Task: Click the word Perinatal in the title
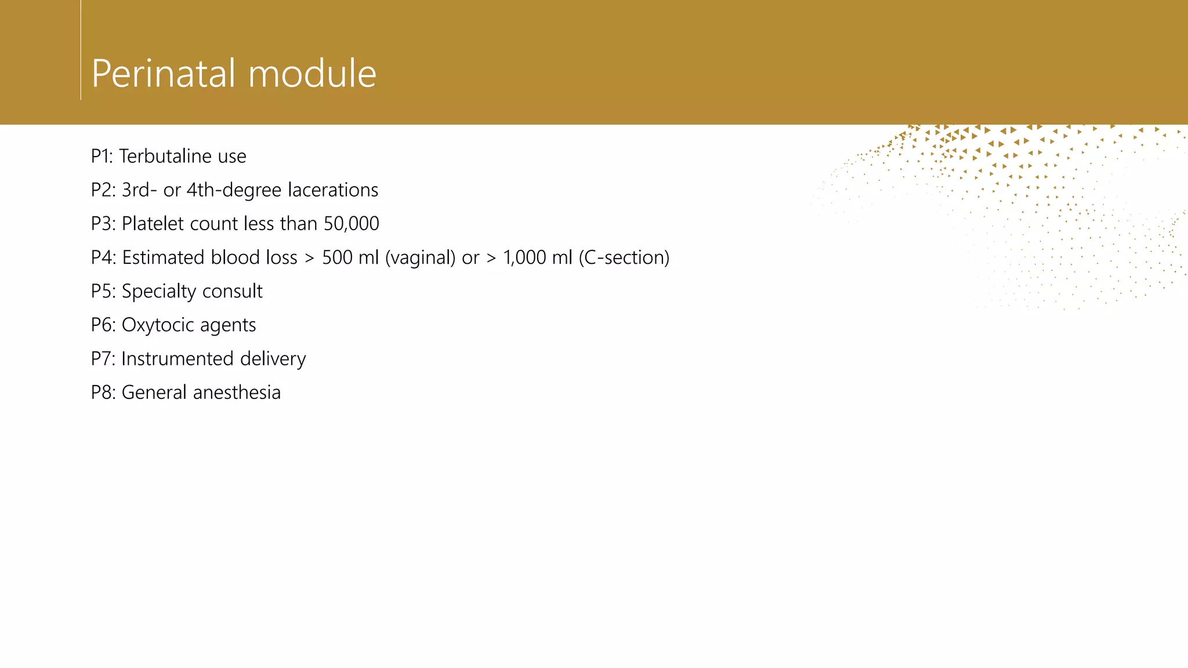tap(165, 74)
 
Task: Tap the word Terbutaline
tap(165, 156)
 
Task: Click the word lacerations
tap(333, 190)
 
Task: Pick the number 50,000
tap(351, 224)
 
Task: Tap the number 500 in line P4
tap(337, 257)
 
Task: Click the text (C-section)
tap(624, 257)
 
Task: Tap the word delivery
tap(273, 359)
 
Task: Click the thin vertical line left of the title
tap(81, 50)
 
